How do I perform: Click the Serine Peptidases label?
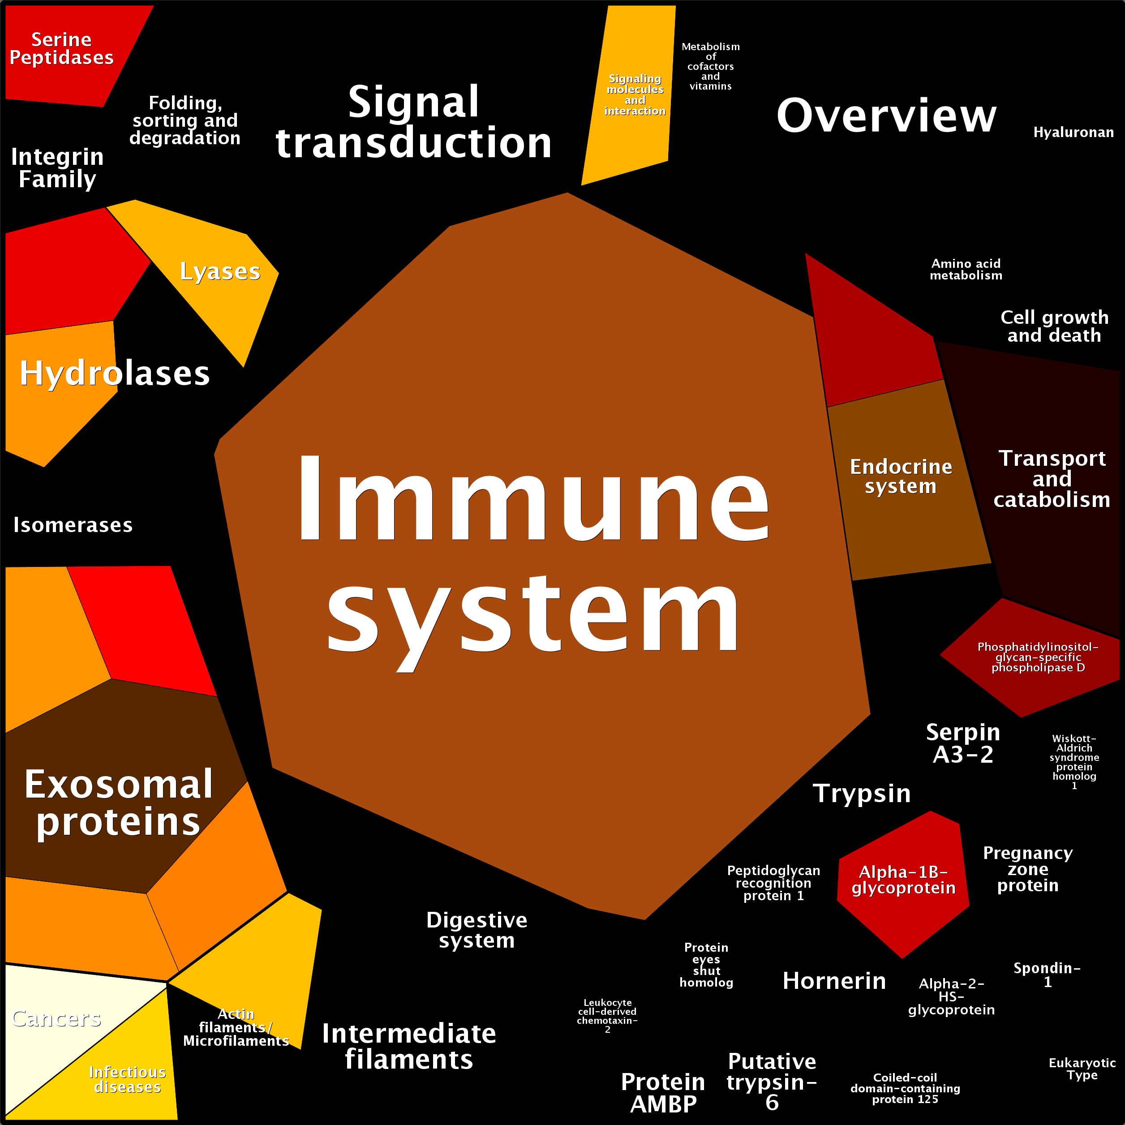click(x=62, y=48)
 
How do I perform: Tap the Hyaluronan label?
click(x=1073, y=132)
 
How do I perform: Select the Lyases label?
click(x=219, y=271)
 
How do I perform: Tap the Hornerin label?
click(x=834, y=981)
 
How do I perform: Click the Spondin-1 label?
click(x=1047, y=975)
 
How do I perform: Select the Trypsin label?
click(x=862, y=793)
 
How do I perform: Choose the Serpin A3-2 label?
click(x=963, y=743)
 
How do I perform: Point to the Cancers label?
click(x=56, y=1018)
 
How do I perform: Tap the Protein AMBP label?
click(x=663, y=1092)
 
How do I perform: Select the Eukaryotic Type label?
click(x=1082, y=1069)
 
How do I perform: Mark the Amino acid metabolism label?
click(x=966, y=269)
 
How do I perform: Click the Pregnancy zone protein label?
click(x=1028, y=869)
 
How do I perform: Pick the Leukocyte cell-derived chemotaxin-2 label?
click(x=607, y=1016)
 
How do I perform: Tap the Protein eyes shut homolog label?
click(x=706, y=965)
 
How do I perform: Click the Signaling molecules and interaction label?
click(x=635, y=94)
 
